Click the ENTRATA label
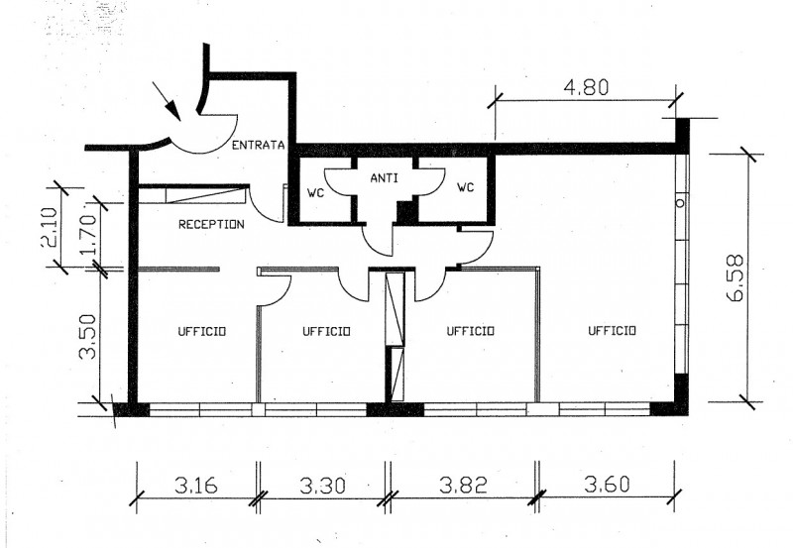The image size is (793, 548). click(259, 145)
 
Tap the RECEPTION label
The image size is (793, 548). click(211, 224)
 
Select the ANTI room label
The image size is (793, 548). click(384, 178)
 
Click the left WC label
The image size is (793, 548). click(315, 193)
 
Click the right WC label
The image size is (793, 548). click(466, 187)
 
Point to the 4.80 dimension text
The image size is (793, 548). click(586, 87)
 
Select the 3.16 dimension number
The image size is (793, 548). click(196, 486)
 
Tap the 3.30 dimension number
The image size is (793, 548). click(323, 486)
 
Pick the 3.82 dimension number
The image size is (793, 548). click(463, 486)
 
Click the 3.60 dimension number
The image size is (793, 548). click(608, 485)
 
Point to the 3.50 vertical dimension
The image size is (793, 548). click(87, 336)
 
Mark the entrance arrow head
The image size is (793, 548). click(173, 110)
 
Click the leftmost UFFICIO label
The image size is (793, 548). click(202, 331)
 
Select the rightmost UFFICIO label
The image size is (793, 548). click(612, 330)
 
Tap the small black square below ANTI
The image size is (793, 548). click(406, 211)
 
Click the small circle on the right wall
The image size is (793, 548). click(681, 203)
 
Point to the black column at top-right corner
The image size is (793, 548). click(682, 136)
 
